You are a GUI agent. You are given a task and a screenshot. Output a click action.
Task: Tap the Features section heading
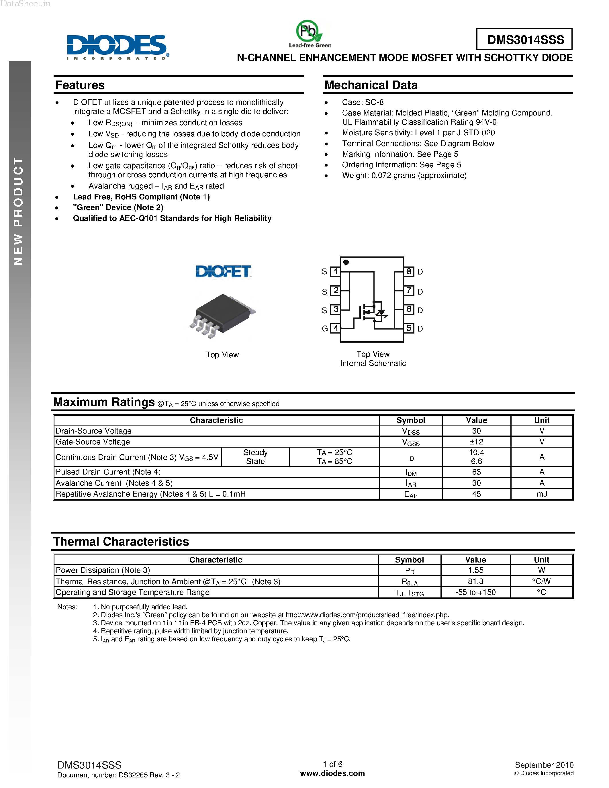click(x=80, y=85)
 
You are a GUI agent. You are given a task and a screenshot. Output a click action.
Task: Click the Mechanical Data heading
click(x=371, y=85)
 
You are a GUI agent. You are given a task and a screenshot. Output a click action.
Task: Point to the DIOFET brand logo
click(x=223, y=271)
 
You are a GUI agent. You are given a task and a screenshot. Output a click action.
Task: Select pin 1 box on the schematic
click(x=336, y=271)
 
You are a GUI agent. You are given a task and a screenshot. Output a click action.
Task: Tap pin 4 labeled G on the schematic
click(x=336, y=328)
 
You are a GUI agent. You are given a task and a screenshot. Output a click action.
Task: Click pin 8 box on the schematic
click(x=408, y=271)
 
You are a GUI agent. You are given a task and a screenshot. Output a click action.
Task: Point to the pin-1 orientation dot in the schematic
click(x=346, y=262)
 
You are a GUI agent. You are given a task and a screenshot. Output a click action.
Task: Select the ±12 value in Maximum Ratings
click(x=476, y=442)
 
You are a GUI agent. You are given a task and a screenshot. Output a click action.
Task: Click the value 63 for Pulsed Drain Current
click(x=476, y=472)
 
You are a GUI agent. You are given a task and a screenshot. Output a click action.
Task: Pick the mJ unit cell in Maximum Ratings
click(x=542, y=494)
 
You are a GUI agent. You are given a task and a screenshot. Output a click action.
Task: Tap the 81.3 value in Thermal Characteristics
click(x=475, y=581)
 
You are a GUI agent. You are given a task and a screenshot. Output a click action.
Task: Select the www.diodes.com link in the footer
click(x=332, y=773)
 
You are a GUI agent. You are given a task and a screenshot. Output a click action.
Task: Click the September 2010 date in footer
click(x=544, y=765)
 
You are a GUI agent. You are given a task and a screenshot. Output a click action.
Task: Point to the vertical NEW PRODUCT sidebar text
click(x=18, y=211)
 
